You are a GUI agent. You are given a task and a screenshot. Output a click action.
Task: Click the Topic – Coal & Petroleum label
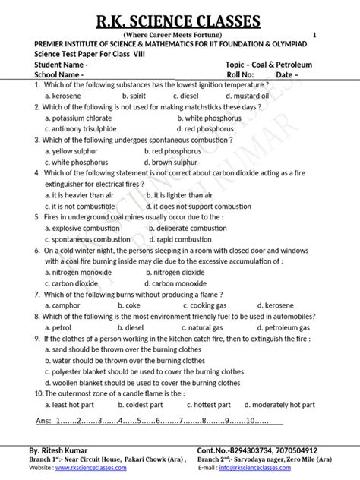click(269, 65)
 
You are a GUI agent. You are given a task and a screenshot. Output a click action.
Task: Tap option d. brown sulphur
click(168, 162)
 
